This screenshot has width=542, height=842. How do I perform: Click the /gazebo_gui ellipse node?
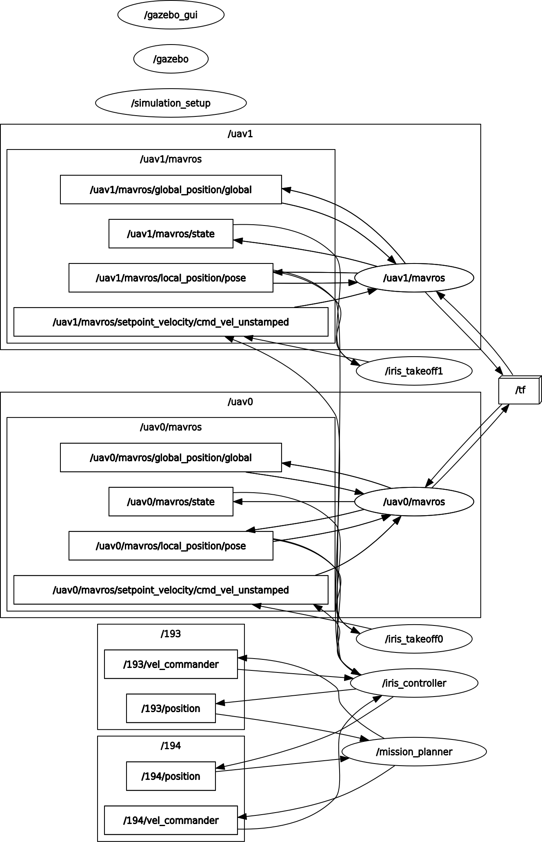click(171, 15)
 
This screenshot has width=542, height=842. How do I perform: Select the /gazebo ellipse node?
click(171, 59)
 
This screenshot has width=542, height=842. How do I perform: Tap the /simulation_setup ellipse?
click(171, 103)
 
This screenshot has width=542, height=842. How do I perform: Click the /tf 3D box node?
click(520, 390)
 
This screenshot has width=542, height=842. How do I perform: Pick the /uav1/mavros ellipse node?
click(414, 278)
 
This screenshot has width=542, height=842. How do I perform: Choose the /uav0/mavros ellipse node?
click(414, 502)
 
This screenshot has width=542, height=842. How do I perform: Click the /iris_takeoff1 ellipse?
click(414, 371)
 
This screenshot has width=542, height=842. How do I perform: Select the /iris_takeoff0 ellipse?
click(414, 639)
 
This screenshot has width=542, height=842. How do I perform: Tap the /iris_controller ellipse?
click(414, 683)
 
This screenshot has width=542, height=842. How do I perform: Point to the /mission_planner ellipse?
click(414, 752)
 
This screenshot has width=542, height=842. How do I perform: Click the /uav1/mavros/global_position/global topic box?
click(171, 190)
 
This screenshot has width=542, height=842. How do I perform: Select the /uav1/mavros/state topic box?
click(171, 234)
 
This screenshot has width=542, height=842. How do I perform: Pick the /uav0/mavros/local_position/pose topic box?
click(171, 546)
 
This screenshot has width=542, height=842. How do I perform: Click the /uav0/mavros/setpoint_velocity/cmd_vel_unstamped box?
click(171, 590)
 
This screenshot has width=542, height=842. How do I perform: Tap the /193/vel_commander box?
click(171, 664)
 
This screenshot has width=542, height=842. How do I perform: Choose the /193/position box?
click(171, 708)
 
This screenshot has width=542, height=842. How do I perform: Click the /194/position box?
click(171, 776)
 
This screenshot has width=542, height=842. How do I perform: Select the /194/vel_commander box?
click(171, 820)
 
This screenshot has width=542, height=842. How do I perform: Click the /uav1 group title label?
click(240, 134)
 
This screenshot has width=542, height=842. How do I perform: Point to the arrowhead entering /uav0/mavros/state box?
click(237, 502)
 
